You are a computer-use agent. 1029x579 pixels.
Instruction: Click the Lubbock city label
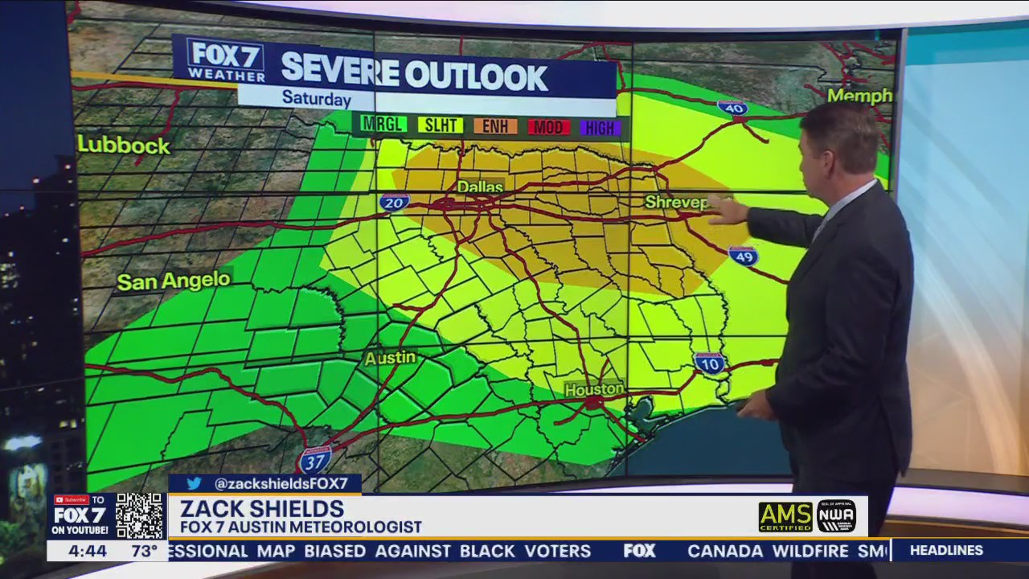click(124, 146)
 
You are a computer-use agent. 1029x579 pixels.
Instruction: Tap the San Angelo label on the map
click(174, 281)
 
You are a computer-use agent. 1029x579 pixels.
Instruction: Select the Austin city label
click(390, 357)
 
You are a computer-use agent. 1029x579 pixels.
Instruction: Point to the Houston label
click(593, 389)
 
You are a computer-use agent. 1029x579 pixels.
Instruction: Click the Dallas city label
click(480, 187)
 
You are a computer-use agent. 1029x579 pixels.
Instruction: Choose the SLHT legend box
click(440, 125)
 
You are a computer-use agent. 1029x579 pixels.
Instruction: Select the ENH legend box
click(495, 126)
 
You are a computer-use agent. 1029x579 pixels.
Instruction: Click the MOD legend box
click(549, 127)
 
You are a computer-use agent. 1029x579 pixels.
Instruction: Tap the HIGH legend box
click(600, 128)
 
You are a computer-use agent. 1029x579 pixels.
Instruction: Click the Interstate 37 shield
click(314, 461)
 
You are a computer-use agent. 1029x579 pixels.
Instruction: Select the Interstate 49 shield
click(743, 256)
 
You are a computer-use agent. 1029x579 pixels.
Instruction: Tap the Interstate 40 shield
click(732, 108)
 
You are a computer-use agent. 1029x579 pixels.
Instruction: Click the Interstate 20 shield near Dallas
click(395, 202)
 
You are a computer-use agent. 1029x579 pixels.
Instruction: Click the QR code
click(140, 515)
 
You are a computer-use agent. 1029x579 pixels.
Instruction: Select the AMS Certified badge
click(785, 516)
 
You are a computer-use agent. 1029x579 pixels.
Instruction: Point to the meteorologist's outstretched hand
click(726, 210)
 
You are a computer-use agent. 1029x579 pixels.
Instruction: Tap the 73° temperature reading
click(145, 552)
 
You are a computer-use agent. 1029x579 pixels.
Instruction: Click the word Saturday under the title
click(316, 99)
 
